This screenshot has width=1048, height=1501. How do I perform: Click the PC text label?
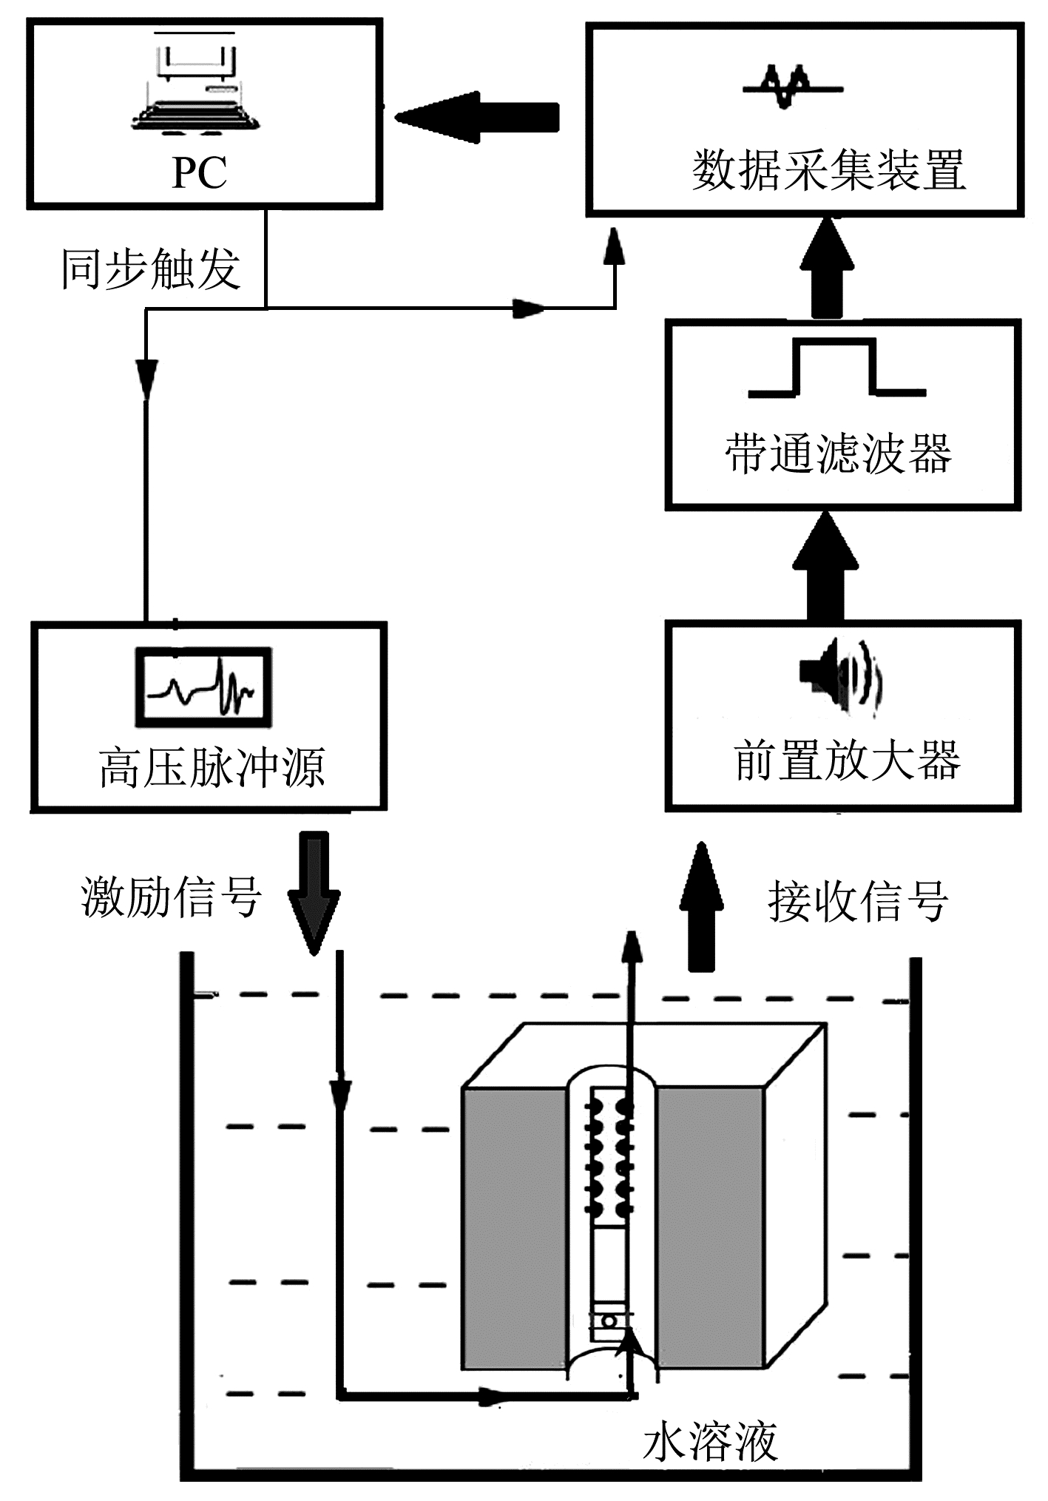click(x=199, y=172)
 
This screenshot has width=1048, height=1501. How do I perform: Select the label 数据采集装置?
click(x=829, y=170)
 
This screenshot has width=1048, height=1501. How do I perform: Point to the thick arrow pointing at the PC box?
click(x=477, y=117)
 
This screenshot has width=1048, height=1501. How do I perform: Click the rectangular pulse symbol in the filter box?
click(x=836, y=367)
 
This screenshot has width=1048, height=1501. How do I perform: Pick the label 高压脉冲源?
click(x=212, y=768)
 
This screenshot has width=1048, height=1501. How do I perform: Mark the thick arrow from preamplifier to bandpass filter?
click(x=825, y=566)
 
